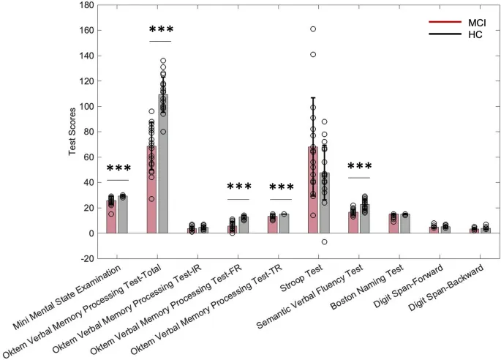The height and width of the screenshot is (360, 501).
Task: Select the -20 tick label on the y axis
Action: tap(86, 258)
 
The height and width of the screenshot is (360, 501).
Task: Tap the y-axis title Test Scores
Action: tap(72, 132)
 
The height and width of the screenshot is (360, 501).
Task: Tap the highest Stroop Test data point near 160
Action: tap(313, 29)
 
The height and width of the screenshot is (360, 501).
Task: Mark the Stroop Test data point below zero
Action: tap(325, 242)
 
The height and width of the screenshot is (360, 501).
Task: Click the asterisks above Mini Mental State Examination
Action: tap(117, 170)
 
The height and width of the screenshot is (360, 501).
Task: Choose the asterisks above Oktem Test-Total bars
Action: tap(161, 31)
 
